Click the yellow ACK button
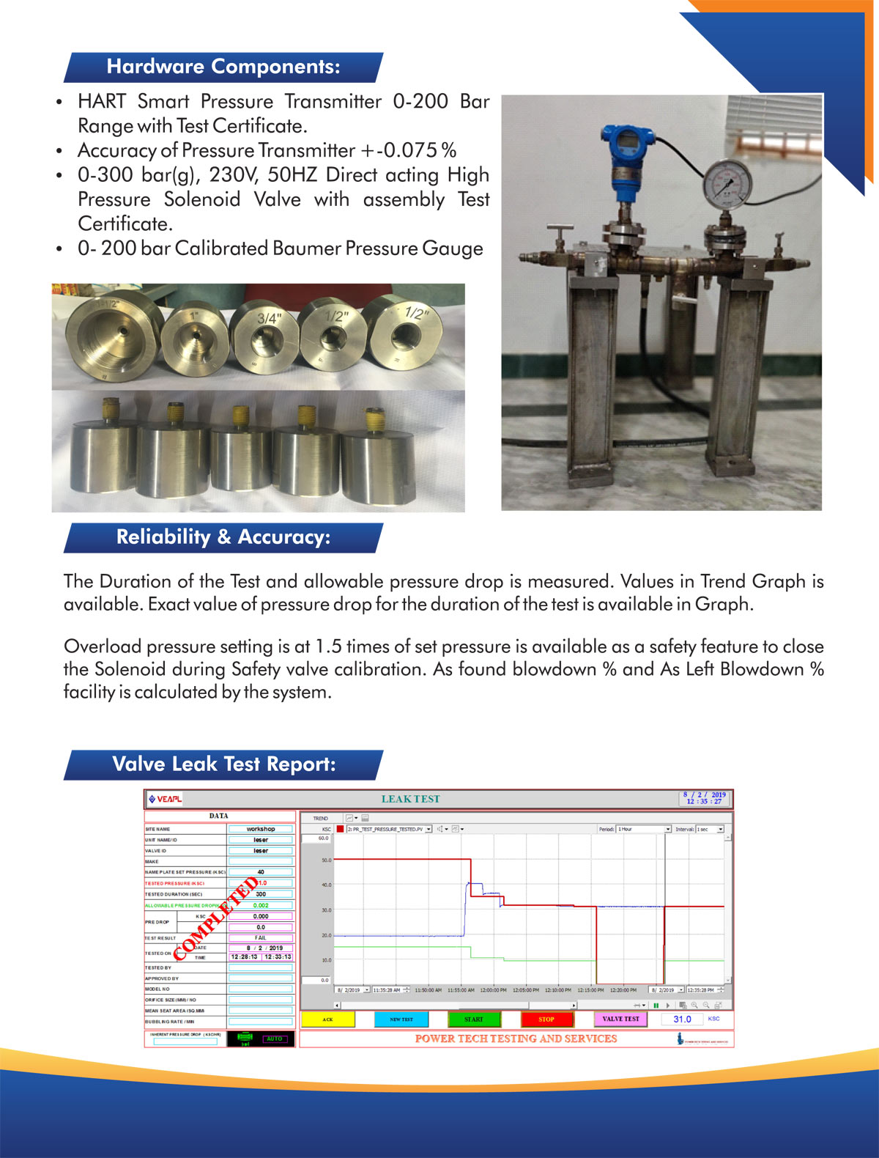click(327, 1019)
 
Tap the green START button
click(474, 1019)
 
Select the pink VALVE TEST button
click(620, 1019)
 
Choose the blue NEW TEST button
click(401, 1019)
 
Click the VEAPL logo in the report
click(166, 799)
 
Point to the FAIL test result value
click(261, 937)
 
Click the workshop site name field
click(261, 829)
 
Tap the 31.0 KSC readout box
click(682, 1019)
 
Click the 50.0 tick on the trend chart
click(326, 860)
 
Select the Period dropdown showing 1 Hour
click(644, 829)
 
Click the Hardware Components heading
click(223, 67)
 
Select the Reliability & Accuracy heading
click(223, 537)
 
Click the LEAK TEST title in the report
click(410, 799)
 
